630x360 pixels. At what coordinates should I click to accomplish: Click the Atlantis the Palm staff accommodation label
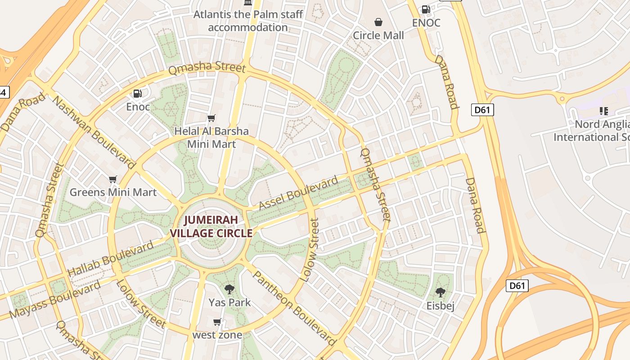click(248, 21)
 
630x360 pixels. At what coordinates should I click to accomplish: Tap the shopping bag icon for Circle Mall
click(378, 22)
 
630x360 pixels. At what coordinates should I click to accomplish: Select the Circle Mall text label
click(378, 36)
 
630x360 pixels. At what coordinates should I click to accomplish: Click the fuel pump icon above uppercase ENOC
click(426, 9)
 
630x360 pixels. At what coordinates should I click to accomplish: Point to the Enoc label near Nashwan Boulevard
click(138, 107)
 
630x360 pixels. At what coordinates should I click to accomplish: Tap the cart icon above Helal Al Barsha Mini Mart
click(211, 118)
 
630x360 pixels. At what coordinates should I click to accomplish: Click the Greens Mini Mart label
click(113, 193)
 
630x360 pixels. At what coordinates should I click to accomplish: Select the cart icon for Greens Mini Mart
click(113, 180)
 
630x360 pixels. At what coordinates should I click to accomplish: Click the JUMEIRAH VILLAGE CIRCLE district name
click(211, 227)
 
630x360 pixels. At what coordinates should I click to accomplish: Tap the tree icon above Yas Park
click(229, 289)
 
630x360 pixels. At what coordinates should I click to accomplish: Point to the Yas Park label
click(229, 302)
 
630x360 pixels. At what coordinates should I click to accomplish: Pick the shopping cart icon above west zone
click(217, 322)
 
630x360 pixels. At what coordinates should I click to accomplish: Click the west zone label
click(217, 335)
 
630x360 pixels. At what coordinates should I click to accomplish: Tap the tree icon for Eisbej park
click(441, 292)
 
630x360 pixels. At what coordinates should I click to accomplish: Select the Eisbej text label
click(441, 306)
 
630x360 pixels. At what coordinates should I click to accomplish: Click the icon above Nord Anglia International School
click(603, 111)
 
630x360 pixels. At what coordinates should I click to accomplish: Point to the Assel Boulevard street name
click(299, 193)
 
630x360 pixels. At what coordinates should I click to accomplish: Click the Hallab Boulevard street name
click(110, 260)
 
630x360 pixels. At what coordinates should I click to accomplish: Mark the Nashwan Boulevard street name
click(94, 132)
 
